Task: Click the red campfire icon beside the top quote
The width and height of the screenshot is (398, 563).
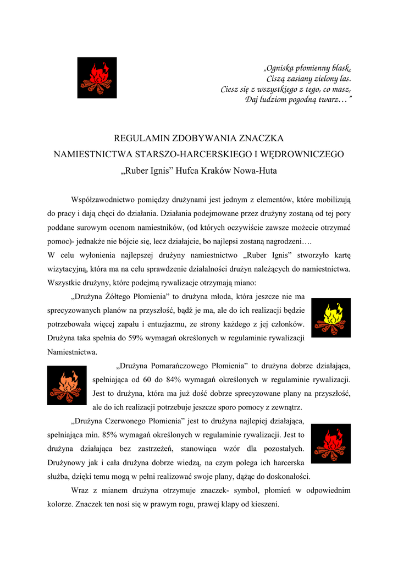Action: [x=97, y=78]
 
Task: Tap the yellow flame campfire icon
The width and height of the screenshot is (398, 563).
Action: [x=331, y=317]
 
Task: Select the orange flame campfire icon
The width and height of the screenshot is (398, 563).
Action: [x=67, y=385]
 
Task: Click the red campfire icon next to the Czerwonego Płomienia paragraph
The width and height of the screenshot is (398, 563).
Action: [x=331, y=443]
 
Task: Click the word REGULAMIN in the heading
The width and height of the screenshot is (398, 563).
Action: [x=137, y=139]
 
